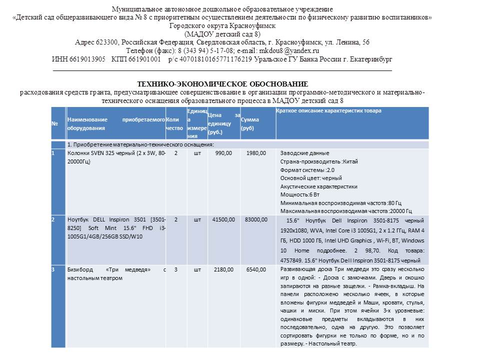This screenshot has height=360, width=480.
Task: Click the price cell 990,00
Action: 223,153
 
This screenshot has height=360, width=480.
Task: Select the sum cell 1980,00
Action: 256,153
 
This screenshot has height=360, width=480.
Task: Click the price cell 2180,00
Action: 223,269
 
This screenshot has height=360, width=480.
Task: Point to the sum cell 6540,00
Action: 256,269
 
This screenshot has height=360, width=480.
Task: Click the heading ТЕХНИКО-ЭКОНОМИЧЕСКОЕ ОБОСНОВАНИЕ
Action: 222,83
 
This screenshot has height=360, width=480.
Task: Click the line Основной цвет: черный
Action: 311,178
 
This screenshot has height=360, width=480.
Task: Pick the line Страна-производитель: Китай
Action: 318,161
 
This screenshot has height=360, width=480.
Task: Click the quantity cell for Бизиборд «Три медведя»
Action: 175,269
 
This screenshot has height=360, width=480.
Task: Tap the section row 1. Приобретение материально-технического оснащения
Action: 140,144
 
